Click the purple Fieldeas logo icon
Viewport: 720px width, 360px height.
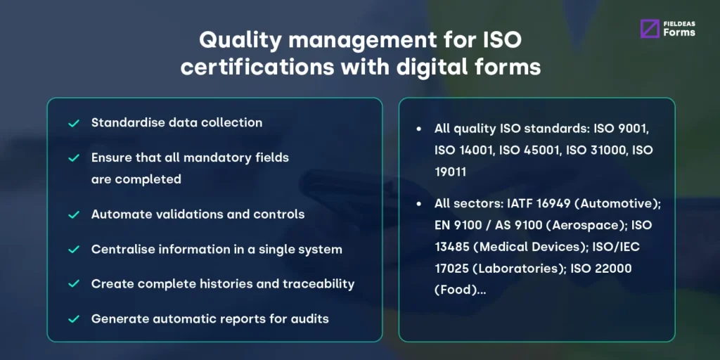650,28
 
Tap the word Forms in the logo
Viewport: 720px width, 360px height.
679,32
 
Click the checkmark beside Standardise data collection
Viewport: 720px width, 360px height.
73,123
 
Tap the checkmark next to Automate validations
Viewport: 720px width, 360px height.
73,214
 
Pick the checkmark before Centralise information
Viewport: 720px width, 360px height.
73,249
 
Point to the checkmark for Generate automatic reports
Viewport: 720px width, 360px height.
73,319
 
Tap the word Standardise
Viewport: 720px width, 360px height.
124,122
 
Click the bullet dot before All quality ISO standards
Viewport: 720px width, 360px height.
420,129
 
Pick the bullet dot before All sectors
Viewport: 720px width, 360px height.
420,204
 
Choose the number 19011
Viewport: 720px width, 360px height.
454,172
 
